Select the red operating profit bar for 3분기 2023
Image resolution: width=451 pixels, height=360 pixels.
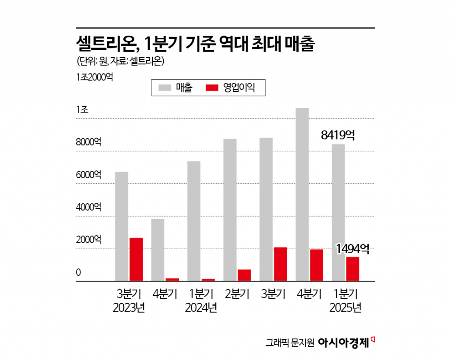[x=136, y=259]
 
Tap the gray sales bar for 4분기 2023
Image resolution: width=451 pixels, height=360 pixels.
[x=158, y=250]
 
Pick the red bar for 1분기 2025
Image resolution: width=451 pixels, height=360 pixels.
[x=352, y=269]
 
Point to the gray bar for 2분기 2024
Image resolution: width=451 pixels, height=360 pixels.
[x=230, y=210]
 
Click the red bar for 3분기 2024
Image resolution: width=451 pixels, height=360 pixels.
[x=280, y=264]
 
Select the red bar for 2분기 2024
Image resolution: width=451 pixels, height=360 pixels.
[x=244, y=275]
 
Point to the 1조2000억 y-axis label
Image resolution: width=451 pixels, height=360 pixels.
[x=94, y=77]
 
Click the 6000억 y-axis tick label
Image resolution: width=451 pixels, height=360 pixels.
[x=89, y=175]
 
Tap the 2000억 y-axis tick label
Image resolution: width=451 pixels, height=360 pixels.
[x=89, y=240]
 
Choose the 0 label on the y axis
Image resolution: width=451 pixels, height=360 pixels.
[x=78, y=272]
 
